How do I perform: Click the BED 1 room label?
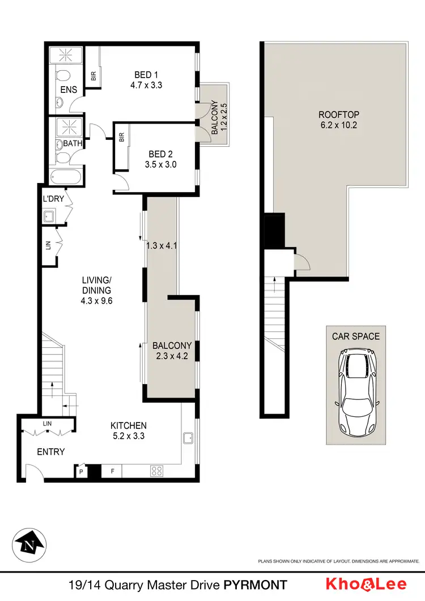pyautogui.click(x=143, y=75)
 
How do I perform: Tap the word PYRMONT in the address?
pyautogui.click(x=255, y=585)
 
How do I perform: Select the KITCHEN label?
pyautogui.click(x=129, y=425)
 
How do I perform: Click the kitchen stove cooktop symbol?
pyautogui.click(x=157, y=470)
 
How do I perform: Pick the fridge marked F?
pyautogui.click(x=112, y=470)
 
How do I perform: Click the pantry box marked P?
pyautogui.click(x=82, y=470)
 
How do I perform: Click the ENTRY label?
pyautogui.click(x=51, y=451)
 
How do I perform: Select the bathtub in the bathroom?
pyautogui.click(x=67, y=176)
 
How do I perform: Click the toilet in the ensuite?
pyautogui.click(x=63, y=76)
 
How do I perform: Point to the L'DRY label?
pyautogui.click(x=52, y=199)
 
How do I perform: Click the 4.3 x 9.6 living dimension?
pyautogui.click(x=97, y=301)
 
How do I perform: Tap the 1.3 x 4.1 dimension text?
pyautogui.click(x=162, y=246)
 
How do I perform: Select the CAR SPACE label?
pyautogui.click(x=356, y=336)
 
